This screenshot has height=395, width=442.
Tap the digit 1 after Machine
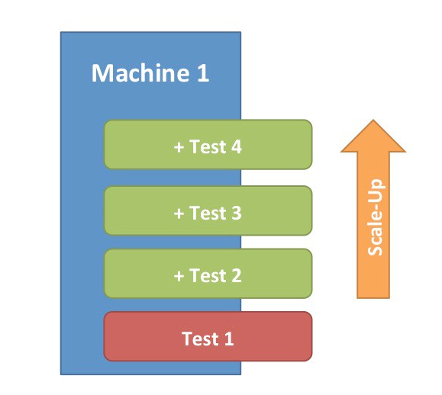pyautogui.click(x=202, y=74)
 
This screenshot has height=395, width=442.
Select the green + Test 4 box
pyautogui.click(x=208, y=144)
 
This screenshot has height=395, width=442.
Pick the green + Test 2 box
pyautogui.click(x=208, y=275)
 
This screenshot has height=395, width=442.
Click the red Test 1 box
pyautogui.click(x=208, y=336)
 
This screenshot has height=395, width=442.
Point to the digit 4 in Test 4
pyautogui.click(x=235, y=147)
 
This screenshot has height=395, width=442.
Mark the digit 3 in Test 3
pyautogui.click(x=235, y=213)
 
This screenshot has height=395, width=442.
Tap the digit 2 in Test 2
pyautogui.click(x=235, y=275)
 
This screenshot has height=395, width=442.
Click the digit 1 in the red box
pyautogui.click(x=228, y=338)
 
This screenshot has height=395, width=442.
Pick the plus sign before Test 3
pyautogui.click(x=179, y=214)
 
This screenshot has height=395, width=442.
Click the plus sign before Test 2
pyautogui.click(x=179, y=276)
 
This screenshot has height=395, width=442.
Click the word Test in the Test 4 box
pyautogui.click(x=206, y=147)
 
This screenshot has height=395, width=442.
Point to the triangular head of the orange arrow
pyautogui.click(x=373, y=139)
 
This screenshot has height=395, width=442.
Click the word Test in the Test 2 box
pyautogui.click(x=206, y=275)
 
